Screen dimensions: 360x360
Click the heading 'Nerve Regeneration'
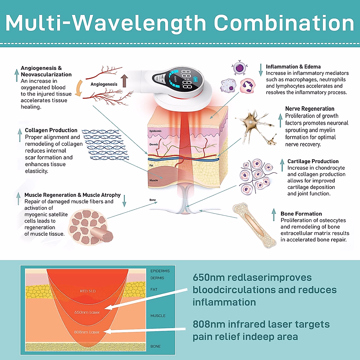(310, 109)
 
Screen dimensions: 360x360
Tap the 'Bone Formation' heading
(301, 214)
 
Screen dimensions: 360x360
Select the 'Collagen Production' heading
(51, 130)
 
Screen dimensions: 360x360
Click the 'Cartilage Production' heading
(313, 161)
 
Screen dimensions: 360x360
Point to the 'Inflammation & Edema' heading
(293, 67)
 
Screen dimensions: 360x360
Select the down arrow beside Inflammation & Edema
(260, 70)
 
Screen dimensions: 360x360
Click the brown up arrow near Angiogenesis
(124, 81)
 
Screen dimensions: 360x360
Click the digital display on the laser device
(186, 79)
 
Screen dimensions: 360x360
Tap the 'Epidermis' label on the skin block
(155, 131)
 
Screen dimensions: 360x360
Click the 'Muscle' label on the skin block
(154, 180)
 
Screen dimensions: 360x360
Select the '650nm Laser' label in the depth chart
(87, 312)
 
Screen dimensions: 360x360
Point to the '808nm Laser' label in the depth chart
(87, 332)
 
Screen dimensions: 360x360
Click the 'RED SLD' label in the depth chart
(88, 291)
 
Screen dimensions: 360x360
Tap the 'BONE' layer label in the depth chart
(155, 346)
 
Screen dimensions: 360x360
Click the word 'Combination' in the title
(284, 23)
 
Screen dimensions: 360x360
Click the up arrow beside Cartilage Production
(282, 165)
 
